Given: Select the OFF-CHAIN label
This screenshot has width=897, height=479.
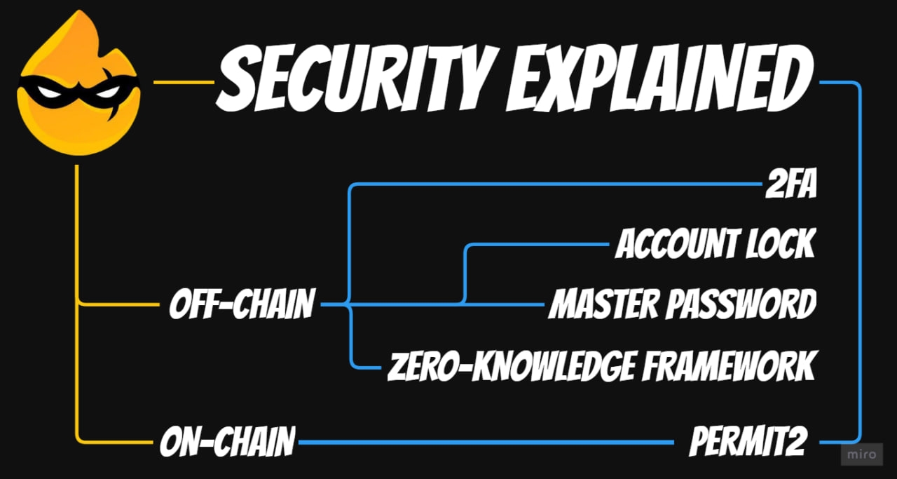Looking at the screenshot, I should click(241, 304).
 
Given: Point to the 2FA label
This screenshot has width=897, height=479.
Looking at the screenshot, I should click(790, 187).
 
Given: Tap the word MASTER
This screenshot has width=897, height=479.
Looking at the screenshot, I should click(603, 304).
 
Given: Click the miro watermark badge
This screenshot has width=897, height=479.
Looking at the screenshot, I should click(860, 455).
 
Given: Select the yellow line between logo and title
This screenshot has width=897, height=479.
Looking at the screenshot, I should click(184, 83).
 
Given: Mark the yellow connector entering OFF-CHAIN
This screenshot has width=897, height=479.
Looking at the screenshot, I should click(119, 304).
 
